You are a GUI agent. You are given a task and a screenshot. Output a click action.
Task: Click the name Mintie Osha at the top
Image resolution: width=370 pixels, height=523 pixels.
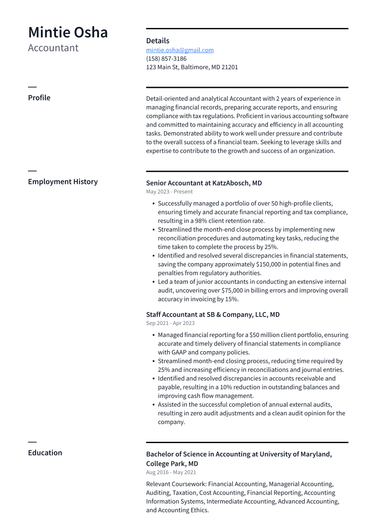(x=68, y=33)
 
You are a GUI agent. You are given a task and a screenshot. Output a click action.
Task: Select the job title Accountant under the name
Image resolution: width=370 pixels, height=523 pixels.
(x=53, y=48)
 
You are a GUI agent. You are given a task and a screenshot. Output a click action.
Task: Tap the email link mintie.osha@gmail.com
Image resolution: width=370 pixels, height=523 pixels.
(x=179, y=50)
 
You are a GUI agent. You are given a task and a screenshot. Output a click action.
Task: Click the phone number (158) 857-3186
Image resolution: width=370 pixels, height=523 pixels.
(x=166, y=59)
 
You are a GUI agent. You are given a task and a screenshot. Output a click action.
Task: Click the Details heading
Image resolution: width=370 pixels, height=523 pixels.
(x=157, y=41)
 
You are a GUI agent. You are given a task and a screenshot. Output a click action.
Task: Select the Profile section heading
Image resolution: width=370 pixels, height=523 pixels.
(x=39, y=98)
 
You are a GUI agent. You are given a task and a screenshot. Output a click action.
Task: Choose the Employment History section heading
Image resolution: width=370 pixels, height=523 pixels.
(x=63, y=182)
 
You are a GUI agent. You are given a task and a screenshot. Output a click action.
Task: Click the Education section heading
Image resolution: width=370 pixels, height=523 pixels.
(x=45, y=453)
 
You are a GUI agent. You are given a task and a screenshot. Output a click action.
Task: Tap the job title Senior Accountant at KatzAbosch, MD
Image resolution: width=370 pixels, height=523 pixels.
(x=204, y=183)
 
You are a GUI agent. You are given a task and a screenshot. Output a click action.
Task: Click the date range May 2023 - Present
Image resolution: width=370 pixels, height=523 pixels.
(x=169, y=192)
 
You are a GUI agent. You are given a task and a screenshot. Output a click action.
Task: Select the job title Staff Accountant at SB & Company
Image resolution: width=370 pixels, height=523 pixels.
(x=213, y=315)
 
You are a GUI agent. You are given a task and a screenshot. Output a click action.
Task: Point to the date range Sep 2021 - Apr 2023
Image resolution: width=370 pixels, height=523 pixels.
(x=170, y=323)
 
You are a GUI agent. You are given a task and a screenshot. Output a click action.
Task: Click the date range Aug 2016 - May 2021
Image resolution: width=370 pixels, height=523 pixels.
(x=171, y=472)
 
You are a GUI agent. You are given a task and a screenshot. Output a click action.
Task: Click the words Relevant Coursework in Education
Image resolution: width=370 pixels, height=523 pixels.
(x=176, y=484)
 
